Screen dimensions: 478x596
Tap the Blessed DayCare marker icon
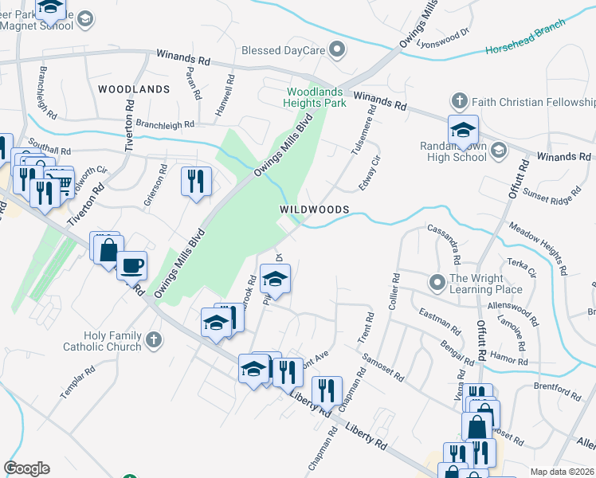point(338,50)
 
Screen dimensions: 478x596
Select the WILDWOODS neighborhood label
point(315,209)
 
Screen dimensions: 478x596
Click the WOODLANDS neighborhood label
point(134,89)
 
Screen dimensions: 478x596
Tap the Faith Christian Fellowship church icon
point(459,102)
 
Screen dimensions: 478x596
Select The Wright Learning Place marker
point(437,283)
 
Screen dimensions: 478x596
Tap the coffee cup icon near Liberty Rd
point(132,264)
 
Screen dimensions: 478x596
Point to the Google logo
point(26,468)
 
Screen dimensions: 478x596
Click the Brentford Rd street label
point(559,392)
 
